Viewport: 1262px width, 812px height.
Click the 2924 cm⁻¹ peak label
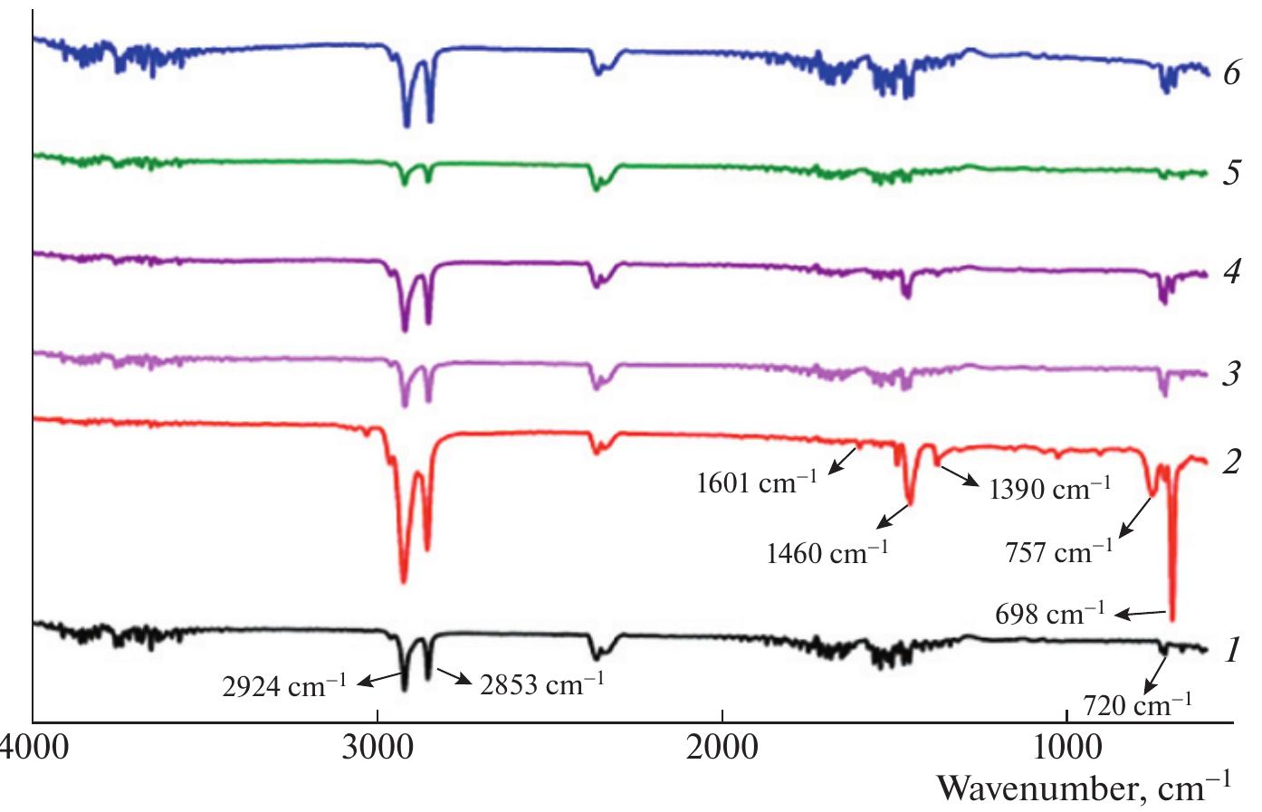[x=284, y=686]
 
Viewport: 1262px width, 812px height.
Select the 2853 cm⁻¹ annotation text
[x=542, y=684]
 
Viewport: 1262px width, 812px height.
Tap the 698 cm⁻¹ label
[x=1049, y=615]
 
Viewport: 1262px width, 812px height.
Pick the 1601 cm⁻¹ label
[x=756, y=482]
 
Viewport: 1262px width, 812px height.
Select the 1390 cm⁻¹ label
[x=1049, y=490]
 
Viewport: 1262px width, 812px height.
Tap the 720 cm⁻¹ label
[x=1137, y=703]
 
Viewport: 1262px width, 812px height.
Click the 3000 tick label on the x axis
[x=377, y=750]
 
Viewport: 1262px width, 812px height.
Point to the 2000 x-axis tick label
[x=722, y=750]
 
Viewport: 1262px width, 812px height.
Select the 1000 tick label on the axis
[x=1066, y=750]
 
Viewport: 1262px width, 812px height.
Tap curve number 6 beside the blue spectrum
[x=1230, y=72]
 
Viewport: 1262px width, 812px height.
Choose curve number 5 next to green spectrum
[x=1230, y=172]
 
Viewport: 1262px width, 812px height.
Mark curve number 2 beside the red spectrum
[x=1230, y=462]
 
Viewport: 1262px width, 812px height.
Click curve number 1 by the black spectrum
[x=1230, y=649]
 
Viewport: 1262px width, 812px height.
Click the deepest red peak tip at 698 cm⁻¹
[x=1172, y=619]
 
